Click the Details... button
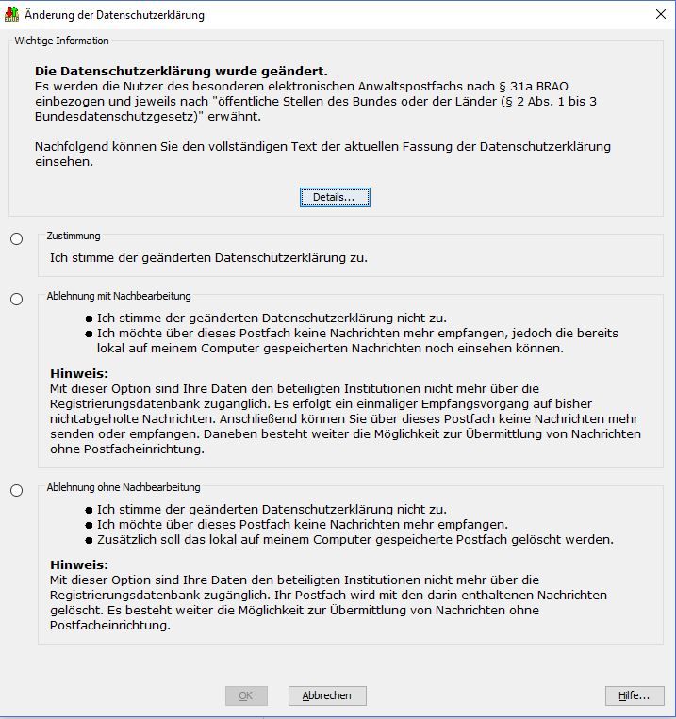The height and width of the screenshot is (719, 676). click(x=335, y=197)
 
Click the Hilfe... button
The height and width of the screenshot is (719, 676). click(x=634, y=695)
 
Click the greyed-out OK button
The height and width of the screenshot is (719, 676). click(x=245, y=695)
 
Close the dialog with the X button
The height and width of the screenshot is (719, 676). click(x=660, y=14)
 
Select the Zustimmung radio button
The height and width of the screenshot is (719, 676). click(x=17, y=239)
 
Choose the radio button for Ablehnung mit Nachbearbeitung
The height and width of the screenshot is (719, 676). click(x=17, y=300)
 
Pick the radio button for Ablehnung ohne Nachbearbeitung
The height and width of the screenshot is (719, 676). click(x=17, y=491)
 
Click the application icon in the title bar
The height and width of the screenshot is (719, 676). click(x=11, y=15)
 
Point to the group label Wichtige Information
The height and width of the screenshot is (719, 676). click(x=61, y=41)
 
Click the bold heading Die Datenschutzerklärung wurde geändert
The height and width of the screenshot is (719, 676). click(x=181, y=71)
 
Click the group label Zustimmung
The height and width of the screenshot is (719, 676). click(x=74, y=236)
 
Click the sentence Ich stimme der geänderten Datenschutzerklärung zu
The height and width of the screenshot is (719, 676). click(x=208, y=257)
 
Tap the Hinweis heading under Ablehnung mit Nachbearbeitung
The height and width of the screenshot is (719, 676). click(x=79, y=373)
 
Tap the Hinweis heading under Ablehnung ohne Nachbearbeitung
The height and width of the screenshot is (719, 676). click(x=79, y=564)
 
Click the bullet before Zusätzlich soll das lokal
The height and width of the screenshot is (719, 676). click(x=90, y=540)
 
